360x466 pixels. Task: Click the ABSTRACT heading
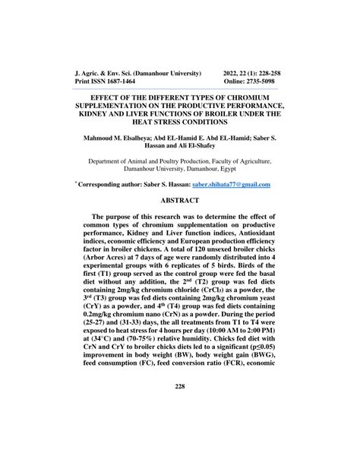pyautogui.click(x=180, y=200)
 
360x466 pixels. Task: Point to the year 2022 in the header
pyautogui.click(x=232, y=71)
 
